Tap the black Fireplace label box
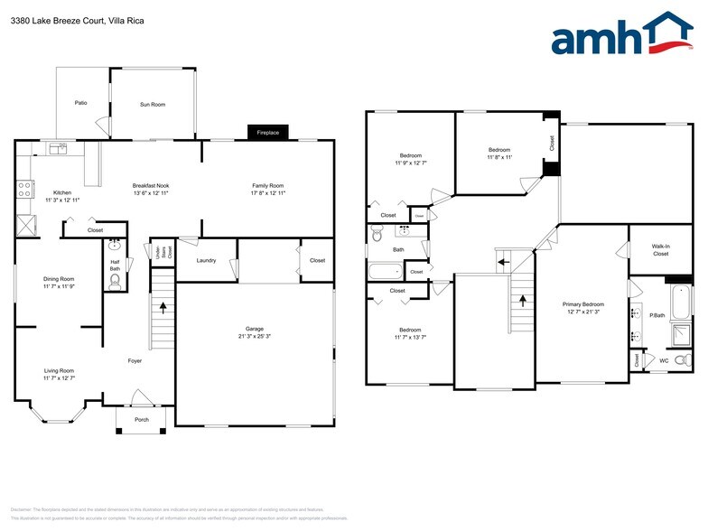click(x=268, y=133)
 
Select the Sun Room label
click(x=153, y=105)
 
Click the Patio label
click(x=80, y=104)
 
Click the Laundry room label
click(x=206, y=261)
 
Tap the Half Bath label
click(x=115, y=266)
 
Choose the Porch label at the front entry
click(x=142, y=420)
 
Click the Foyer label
click(x=135, y=361)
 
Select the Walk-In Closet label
click(x=660, y=251)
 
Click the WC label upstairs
click(x=664, y=361)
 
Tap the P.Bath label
click(x=657, y=315)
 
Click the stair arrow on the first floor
click(x=163, y=307)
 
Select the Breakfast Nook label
click(x=151, y=186)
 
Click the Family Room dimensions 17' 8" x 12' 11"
click(x=267, y=193)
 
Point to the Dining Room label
click(x=59, y=279)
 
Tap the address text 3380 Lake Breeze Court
click(x=57, y=20)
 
